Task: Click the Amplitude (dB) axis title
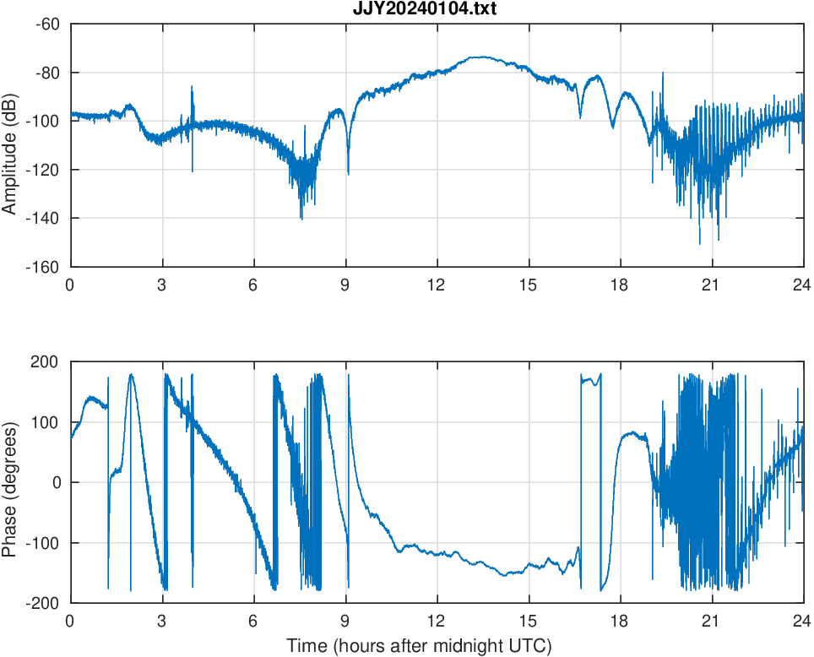12,145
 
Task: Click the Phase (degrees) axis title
12,482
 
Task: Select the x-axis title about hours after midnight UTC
419,647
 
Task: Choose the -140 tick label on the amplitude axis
43,219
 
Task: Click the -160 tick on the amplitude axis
43,267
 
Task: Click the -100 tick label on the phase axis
42,543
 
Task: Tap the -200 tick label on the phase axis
42,603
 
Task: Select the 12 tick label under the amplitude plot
437,285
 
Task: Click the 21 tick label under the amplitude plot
712,285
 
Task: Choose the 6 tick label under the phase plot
253,621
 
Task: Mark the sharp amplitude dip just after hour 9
348,173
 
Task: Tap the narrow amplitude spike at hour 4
192,87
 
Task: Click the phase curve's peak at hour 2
131,374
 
